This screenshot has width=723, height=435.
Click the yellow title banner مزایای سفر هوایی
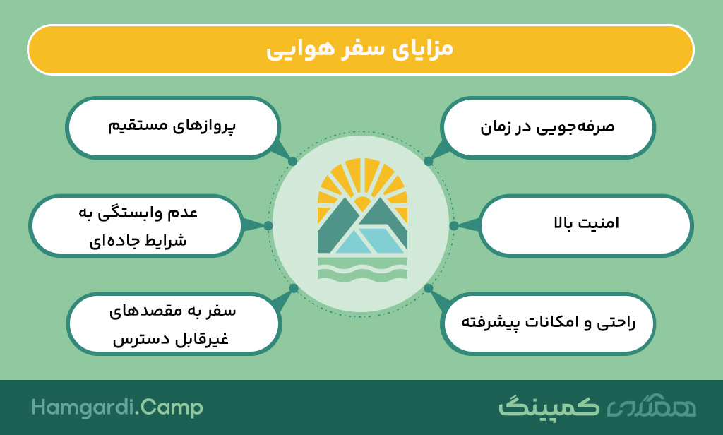pyautogui.click(x=361, y=49)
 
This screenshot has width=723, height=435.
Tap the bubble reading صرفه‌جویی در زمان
pyautogui.click(x=548, y=127)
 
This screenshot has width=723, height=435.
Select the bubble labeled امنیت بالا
pyautogui.click(x=585, y=225)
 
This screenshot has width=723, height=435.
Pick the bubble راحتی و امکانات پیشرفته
pyautogui.click(x=548, y=323)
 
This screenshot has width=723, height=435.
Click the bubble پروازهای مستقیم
pyautogui.click(x=173, y=127)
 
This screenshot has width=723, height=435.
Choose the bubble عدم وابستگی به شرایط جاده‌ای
pyautogui.click(x=136, y=225)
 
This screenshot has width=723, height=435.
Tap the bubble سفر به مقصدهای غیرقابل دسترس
pyautogui.click(x=174, y=323)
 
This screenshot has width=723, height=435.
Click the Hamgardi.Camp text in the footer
pyautogui.click(x=117, y=407)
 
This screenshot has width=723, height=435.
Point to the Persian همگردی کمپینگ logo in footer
pyautogui.click(x=597, y=406)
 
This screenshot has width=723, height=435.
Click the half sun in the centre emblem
pyautogui.click(x=362, y=203)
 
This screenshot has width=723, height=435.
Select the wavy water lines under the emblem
pyautogui.click(x=362, y=269)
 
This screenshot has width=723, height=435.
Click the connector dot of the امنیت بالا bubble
pyautogui.click(x=454, y=225)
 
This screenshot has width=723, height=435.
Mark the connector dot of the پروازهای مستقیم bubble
pyautogui.click(x=292, y=162)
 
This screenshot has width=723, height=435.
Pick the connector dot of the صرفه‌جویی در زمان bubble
pyautogui.click(x=429, y=162)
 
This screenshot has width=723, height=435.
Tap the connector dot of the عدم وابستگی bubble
pyautogui.click(x=268, y=225)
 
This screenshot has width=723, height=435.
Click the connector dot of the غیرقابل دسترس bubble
pyautogui.click(x=294, y=288)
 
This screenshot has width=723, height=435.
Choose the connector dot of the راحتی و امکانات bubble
pyautogui.click(x=429, y=288)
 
